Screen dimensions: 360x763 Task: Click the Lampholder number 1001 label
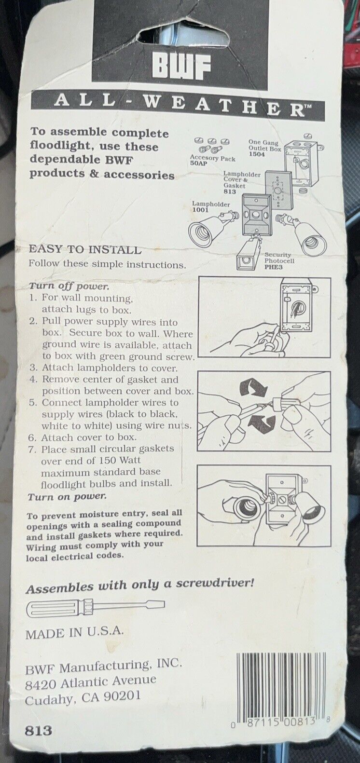coord(200,210)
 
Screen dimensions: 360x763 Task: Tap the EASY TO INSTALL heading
coord(85,249)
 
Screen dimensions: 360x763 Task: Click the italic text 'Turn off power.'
coord(69,286)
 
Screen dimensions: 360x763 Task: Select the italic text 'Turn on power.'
coord(67,496)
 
